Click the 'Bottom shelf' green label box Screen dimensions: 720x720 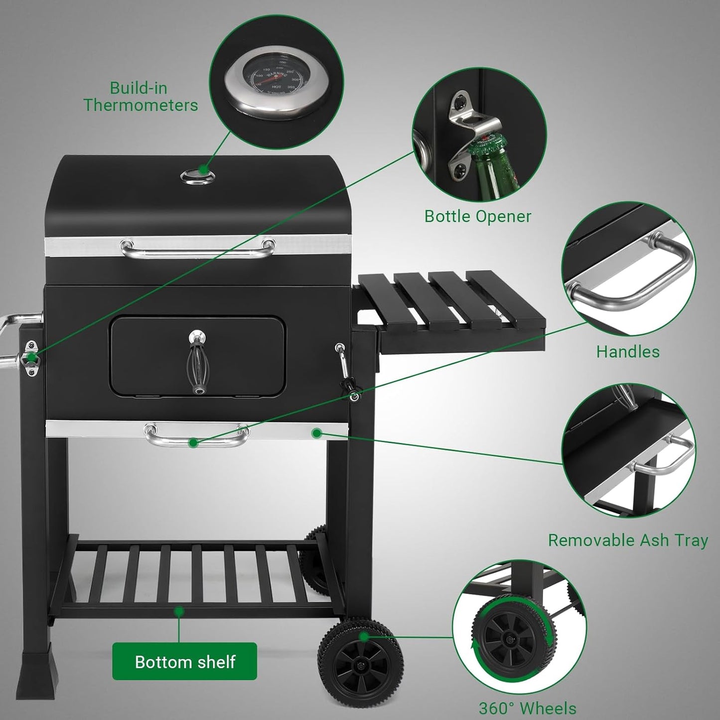pos(184,662)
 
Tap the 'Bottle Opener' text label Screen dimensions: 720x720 pos(478,216)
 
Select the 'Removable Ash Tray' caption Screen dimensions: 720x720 pos(628,540)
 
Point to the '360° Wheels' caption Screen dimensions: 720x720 pos(528,708)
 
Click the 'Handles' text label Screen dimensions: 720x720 pos(628,352)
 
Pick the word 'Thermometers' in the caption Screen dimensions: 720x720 pos(141,105)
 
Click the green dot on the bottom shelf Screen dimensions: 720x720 pos(179,611)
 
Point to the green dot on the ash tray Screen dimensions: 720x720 pos(316,433)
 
